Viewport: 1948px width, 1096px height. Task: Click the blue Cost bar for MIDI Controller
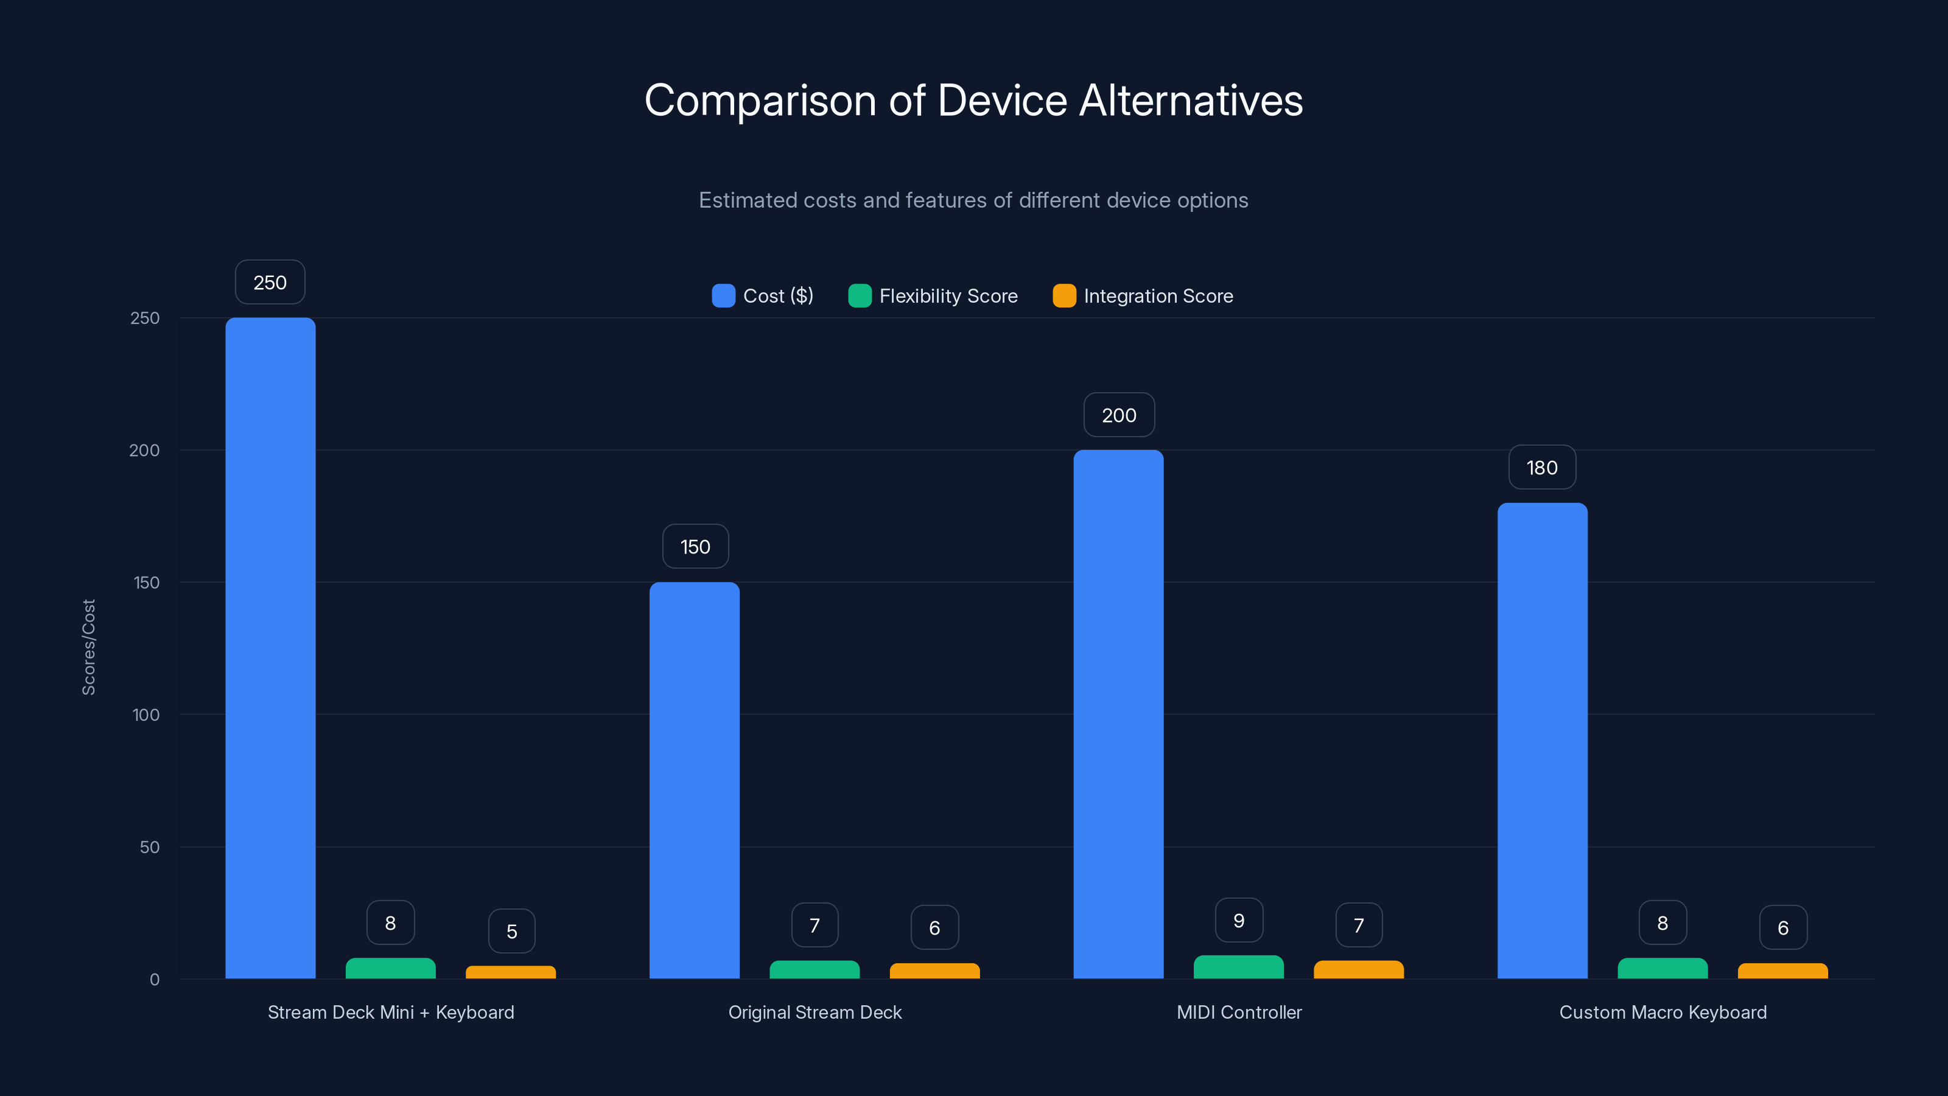1118,714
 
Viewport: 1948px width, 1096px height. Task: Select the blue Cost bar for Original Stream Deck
694,780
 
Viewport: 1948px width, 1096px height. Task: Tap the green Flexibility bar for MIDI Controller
1239,968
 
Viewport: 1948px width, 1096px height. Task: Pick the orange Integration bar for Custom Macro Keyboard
1782,971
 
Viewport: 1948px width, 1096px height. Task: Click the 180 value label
1542,468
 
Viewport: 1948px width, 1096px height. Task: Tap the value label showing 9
1239,921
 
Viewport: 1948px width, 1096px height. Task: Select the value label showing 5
511,931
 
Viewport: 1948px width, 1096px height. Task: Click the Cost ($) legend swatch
724,296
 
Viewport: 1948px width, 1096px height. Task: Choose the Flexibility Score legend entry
933,296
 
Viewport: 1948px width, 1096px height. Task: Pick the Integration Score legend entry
1143,296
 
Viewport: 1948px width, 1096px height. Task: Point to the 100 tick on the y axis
145,715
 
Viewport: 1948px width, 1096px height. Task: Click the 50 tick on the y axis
149,847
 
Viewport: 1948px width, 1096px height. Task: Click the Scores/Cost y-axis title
88,647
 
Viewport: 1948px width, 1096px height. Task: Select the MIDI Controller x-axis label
1239,1012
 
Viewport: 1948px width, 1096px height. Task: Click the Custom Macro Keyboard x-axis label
1663,1012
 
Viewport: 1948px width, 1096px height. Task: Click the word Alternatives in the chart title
1191,100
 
